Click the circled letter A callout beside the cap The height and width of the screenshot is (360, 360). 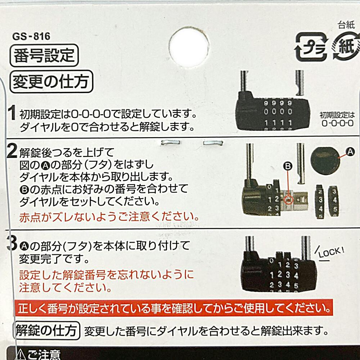[351, 152]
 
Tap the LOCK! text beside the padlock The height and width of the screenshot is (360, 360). [329, 252]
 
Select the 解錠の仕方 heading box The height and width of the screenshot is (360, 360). [47, 329]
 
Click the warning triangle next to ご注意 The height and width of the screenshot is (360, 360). [20, 354]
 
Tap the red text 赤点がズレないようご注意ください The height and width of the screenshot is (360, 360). [109, 217]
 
